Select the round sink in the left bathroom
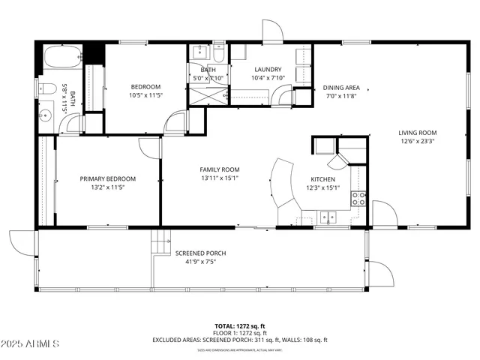pos(44,116)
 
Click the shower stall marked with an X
pos(207,94)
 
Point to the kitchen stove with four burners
pos(359,199)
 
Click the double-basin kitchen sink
pos(328,217)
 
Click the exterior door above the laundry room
pos(271,30)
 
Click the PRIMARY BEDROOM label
pos(108,178)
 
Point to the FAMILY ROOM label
pos(219,169)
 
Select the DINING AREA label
pos(341,87)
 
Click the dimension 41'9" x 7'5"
pos(200,262)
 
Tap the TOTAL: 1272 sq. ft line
pos(240,326)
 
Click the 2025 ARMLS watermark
pos(30,343)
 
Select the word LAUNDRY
pos(267,69)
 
